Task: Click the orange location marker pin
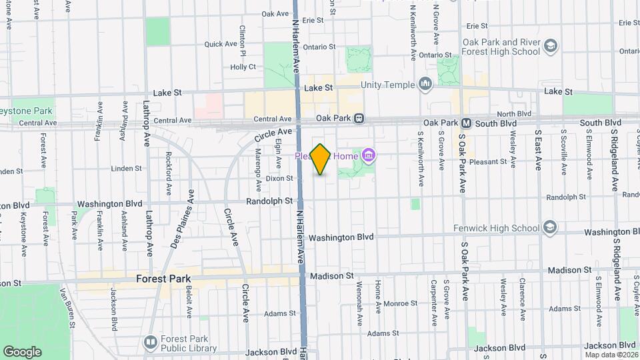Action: click(x=321, y=159)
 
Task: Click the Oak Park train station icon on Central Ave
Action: click(x=359, y=118)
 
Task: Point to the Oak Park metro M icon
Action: click(x=467, y=123)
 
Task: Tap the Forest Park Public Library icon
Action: click(x=150, y=343)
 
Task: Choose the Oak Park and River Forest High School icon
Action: click(x=551, y=46)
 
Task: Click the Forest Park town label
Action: click(x=163, y=279)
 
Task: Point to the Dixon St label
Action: click(x=279, y=178)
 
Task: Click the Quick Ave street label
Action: click(x=221, y=44)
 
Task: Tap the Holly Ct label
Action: click(x=243, y=67)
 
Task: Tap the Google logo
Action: click(x=22, y=351)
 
